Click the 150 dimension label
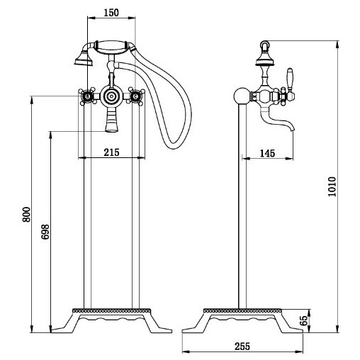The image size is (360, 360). click(111, 13)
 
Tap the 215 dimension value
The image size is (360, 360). click(111, 152)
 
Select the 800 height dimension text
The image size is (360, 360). click(26, 214)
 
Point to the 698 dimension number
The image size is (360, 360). click(45, 232)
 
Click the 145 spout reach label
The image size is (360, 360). click(267, 153)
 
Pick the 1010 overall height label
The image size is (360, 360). click(332, 186)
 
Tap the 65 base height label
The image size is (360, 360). click(305, 320)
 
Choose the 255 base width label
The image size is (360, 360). click(242, 347)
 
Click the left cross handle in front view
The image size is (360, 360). click(87, 96)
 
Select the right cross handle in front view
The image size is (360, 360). click(135, 96)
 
